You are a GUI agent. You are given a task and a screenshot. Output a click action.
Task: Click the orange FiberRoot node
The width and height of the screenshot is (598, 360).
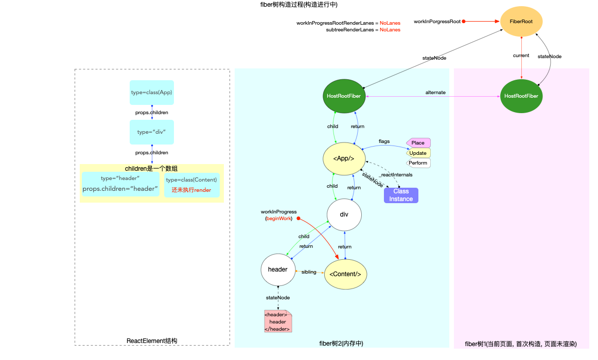(x=522, y=22)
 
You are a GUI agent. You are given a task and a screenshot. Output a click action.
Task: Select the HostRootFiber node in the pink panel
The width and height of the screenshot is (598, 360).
(x=521, y=96)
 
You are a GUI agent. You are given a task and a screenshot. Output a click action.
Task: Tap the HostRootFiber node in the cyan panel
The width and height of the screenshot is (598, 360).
(x=344, y=96)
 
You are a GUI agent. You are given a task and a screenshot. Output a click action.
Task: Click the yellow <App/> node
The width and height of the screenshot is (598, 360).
(x=344, y=158)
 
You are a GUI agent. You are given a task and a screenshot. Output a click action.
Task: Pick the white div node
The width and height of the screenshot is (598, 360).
(x=344, y=214)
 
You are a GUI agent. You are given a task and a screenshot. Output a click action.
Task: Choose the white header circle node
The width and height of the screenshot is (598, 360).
(x=278, y=269)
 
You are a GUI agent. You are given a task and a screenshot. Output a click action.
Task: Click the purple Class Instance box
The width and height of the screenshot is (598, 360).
(x=401, y=195)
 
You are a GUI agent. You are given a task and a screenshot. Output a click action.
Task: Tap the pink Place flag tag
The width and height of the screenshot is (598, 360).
(x=418, y=142)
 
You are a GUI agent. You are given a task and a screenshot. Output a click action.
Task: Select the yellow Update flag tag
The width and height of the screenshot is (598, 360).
(x=418, y=153)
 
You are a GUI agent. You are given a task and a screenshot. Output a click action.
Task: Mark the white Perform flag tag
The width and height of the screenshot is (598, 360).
(x=418, y=163)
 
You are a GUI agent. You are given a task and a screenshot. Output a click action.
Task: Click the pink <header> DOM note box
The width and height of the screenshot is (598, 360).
(x=278, y=321)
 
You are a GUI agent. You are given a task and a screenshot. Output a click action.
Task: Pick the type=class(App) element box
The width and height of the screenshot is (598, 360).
(x=152, y=93)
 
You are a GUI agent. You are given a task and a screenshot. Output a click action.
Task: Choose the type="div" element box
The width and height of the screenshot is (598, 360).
(x=152, y=132)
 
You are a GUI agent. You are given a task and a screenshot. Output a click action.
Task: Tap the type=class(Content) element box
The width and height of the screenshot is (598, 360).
(x=191, y=185)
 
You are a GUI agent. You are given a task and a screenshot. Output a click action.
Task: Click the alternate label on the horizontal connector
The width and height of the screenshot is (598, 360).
(x=435, y=93)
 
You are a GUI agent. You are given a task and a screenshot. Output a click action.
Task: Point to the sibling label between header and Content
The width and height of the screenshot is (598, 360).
(x=309, y=272)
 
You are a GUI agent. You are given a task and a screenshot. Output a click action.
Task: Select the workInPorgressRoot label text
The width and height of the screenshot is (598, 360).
(x=437, y=22)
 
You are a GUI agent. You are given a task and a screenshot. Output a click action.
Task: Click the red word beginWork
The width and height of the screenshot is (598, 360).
(x=278, y=219)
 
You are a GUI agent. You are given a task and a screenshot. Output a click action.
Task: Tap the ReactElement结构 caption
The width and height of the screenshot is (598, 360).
(x=152, y=341)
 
